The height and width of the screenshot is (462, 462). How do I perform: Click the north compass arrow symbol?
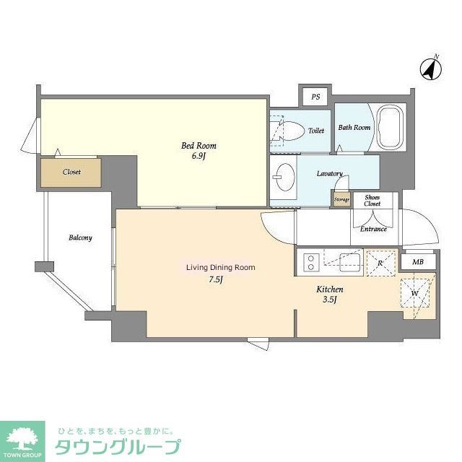pyautogui.click(x=431, y=69)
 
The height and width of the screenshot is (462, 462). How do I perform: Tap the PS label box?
pyautogui.click(x=315, y=97)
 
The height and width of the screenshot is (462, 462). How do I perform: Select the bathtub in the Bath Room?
pyautogui.click(x=391, y=128)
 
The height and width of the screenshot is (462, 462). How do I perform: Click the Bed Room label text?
pyautogui.click(x=199, y=146)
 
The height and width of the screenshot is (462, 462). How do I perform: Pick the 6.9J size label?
pyautogui.click(x=199, y=157)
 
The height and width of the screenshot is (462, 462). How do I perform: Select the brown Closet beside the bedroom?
pyautogui.click(x=71, y=173)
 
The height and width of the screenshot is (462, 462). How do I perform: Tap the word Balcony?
pyautogui.click(x=80, y=237)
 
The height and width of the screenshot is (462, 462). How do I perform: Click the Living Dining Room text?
pyautogui.click(x=221, y=267)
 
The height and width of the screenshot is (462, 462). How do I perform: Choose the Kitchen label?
pyautogui.click(x=329, y=289)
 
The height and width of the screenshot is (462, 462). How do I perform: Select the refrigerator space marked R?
pyautogui.click(x=380, y=262)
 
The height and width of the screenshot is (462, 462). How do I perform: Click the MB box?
pyautogui.click(x=418, y=261)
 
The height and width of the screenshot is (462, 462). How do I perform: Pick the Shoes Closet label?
pyautogui.click(x=372, y=201)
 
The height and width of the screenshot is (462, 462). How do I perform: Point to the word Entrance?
pyautogui.click(x=373, y=229)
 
